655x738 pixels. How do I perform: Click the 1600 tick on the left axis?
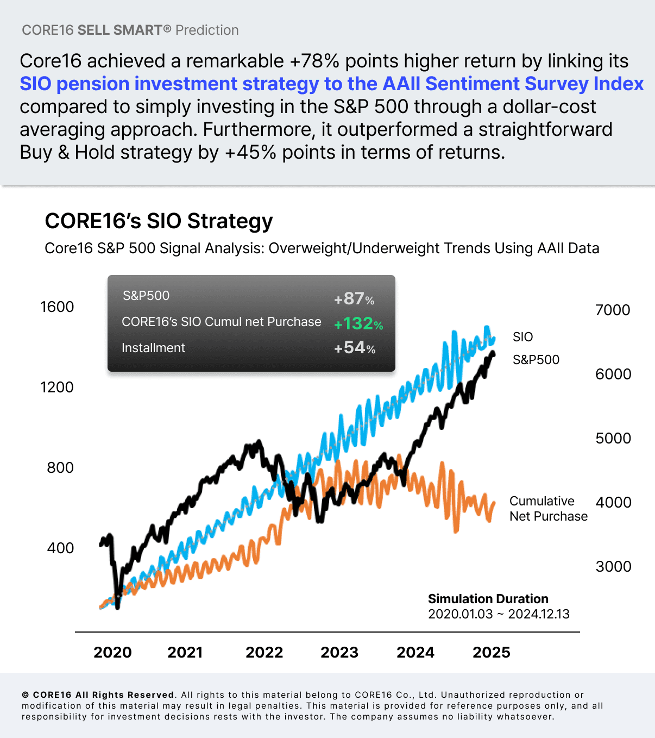click(x=57, y=307)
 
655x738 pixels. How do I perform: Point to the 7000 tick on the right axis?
click(x=613, y=310)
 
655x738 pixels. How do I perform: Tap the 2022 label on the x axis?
click(x=264, y=652)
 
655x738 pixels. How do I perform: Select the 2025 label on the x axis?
click(x=492, y=652)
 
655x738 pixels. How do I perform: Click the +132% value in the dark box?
click(x=358, y=324)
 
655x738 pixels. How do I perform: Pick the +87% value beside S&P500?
click(x=354, y=299)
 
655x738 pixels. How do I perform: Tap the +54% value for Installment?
click(x=355, y=348)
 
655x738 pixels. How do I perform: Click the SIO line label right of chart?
click(x=522, y=337)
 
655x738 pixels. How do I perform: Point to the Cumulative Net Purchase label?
click(x=548, y=509)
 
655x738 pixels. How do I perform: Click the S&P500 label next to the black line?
click(x=536, y=360)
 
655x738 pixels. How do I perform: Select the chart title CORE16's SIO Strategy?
click(x=159, y=221)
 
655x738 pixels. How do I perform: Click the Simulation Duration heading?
click(x=488, y=599)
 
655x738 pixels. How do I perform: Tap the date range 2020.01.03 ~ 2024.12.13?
click(x=499, y=614)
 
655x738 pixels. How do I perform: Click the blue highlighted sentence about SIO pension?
click(x=331, y=84)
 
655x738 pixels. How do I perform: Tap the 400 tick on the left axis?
click(x=60, y=548)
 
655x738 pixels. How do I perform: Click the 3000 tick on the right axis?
click(x=613, y=567)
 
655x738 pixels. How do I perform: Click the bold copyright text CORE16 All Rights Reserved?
click(x=103, y=695)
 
